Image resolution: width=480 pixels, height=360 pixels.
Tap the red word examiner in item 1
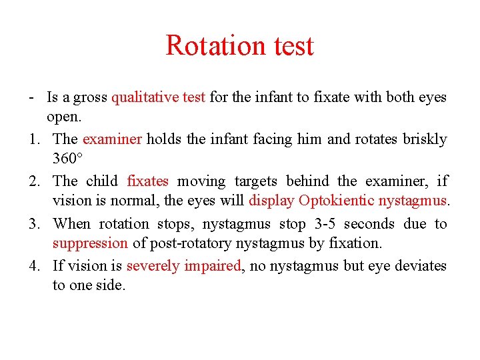pyautogui.click(x=112, y=139)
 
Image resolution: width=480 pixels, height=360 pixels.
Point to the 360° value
pyautogui.click(x=67, y=160)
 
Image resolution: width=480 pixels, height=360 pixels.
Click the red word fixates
pyautogui.click(x=147, y=181)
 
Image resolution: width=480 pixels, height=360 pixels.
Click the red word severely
pyautogui.click(x=152, y=266)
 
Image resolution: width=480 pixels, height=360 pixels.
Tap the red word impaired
pyautogui.click(x=210, y=266)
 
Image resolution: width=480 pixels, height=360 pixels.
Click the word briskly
pyautogui.click(x=422, y=139)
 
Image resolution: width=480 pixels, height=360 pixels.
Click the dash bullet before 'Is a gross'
pyautogui.click(x=32, y=97)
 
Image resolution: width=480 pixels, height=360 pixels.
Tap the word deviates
pyautogui.click(x=421, y=266)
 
